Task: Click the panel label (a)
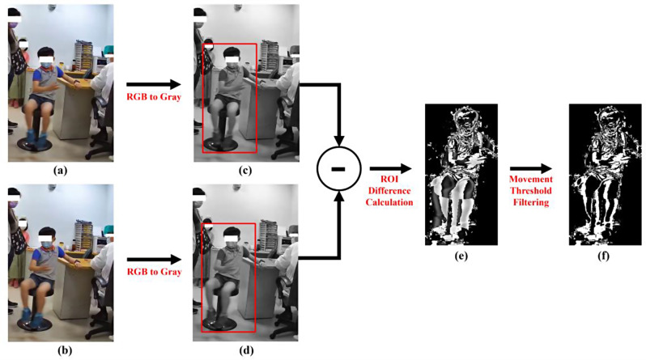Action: click(59, 171)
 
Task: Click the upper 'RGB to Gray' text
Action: click(153, 98)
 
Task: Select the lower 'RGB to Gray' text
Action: click(153, 273)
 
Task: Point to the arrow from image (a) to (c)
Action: click(153, 83)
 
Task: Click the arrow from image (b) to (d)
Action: click(153, 258)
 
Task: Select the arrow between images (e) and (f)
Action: click(529, 171)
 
